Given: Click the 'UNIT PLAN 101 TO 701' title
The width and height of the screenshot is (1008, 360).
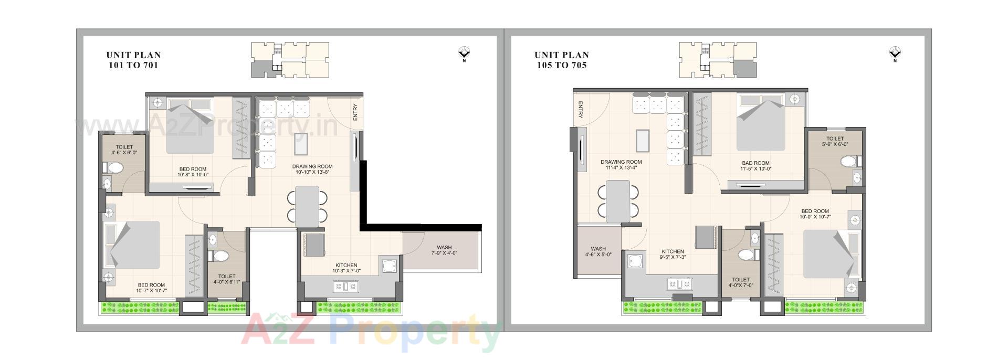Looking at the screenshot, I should pos(133,60).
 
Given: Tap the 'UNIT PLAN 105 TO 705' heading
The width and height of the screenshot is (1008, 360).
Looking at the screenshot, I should pos(561,60).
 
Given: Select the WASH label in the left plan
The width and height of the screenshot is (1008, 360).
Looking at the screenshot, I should pos(444,248).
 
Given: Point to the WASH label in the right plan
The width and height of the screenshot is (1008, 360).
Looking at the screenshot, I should pos(598,249).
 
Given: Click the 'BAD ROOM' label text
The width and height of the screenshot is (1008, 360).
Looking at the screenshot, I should pos(755,163).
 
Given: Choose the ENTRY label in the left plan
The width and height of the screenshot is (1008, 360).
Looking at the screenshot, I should pos(355,112).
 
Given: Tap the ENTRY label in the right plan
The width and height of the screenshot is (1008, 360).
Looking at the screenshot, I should pos(581,109).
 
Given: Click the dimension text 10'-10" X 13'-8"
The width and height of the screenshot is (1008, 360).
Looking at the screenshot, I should pos(312,172).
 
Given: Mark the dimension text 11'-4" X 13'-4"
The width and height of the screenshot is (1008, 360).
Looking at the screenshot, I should pos(621,168).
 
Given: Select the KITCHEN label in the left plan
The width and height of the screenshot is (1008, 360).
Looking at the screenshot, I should pos(346,266).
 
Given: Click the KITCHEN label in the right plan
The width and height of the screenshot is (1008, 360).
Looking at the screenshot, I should pos(673,251).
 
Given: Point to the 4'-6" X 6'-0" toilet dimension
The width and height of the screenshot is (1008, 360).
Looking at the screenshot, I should pos(124,153).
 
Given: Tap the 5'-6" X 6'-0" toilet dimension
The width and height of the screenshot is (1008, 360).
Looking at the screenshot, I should pos(835,144).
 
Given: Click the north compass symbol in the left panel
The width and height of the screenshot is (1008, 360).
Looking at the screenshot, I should pos(464,53).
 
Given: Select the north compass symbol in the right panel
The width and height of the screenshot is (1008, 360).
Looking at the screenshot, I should pos(895,53).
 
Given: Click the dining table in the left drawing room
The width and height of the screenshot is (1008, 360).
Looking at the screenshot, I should pos(307,207).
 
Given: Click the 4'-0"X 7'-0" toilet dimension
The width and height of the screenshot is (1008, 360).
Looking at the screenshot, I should pos(741,285).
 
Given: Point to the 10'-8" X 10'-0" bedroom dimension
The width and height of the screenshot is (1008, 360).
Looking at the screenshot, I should pos(193,175).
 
